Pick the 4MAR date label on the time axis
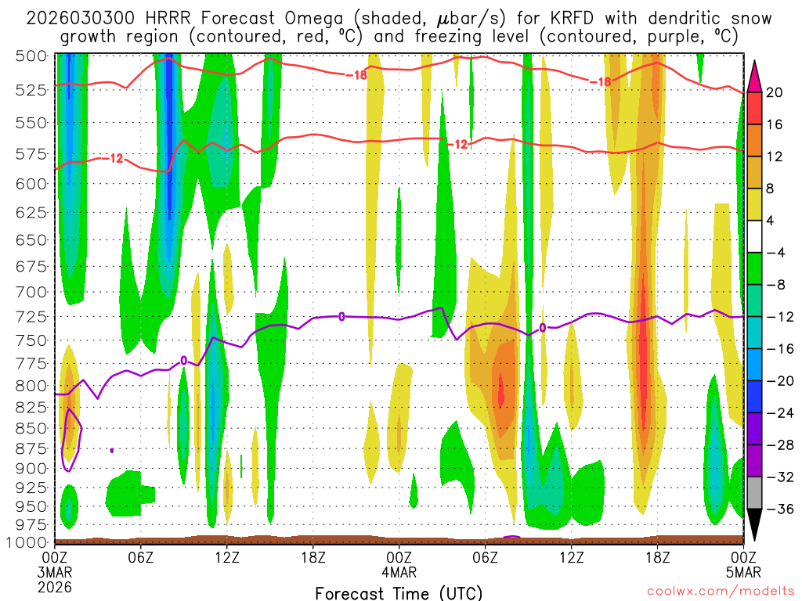pyautogui.click(x=399, y=571)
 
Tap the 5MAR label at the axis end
pyautogui.click(x=742, y=571)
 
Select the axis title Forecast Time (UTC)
pyautogui.click(x=399, y=592)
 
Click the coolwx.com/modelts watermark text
pyautogui.click(x=720, y=592)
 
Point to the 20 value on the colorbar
pyautogui.click(x=775, y=92)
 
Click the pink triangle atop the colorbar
pyautogui.click(x=756, y=75)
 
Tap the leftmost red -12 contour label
pyautogui.click(x=111, y=159)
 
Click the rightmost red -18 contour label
pyautogui.click(x=600, y=81)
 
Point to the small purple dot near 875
pyautogui.click(x=112, y=450)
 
